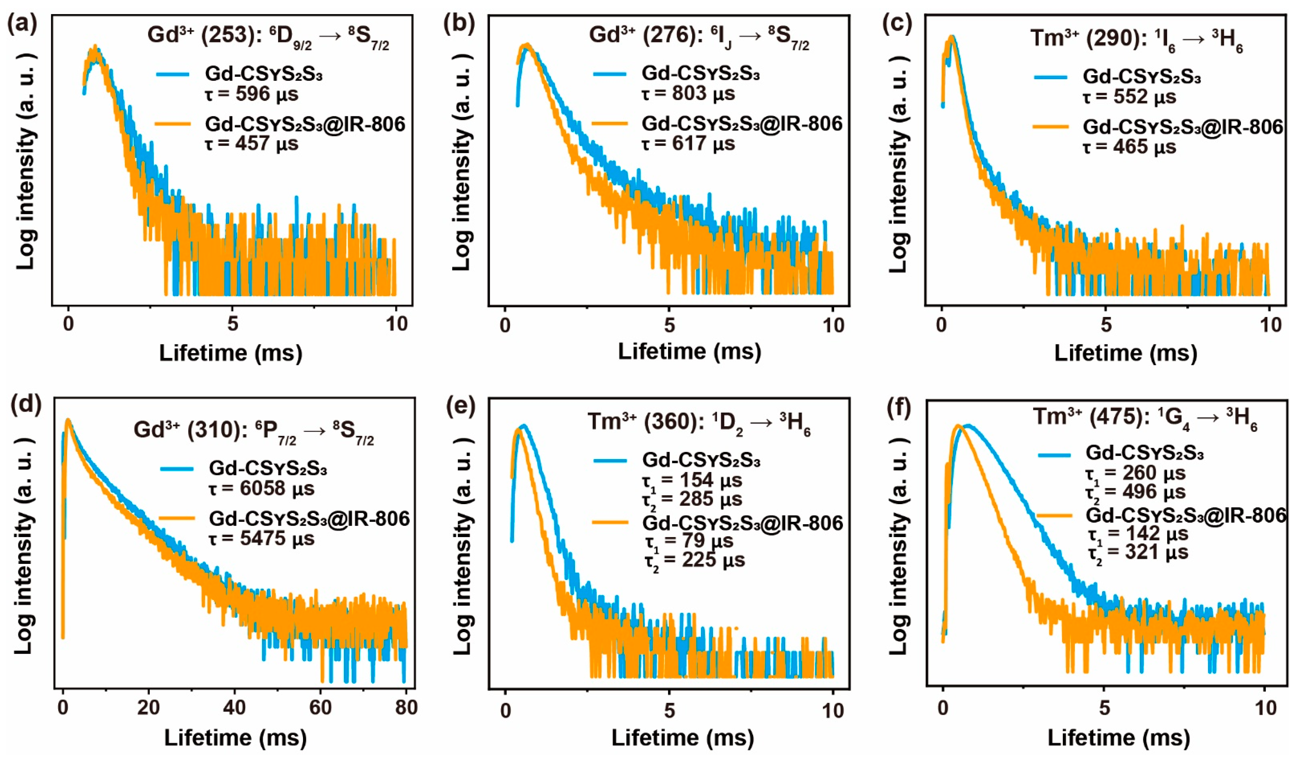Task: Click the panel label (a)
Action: point(22,25)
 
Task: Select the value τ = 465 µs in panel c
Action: point(1129,147)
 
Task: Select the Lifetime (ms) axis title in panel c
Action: point(1126,353)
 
